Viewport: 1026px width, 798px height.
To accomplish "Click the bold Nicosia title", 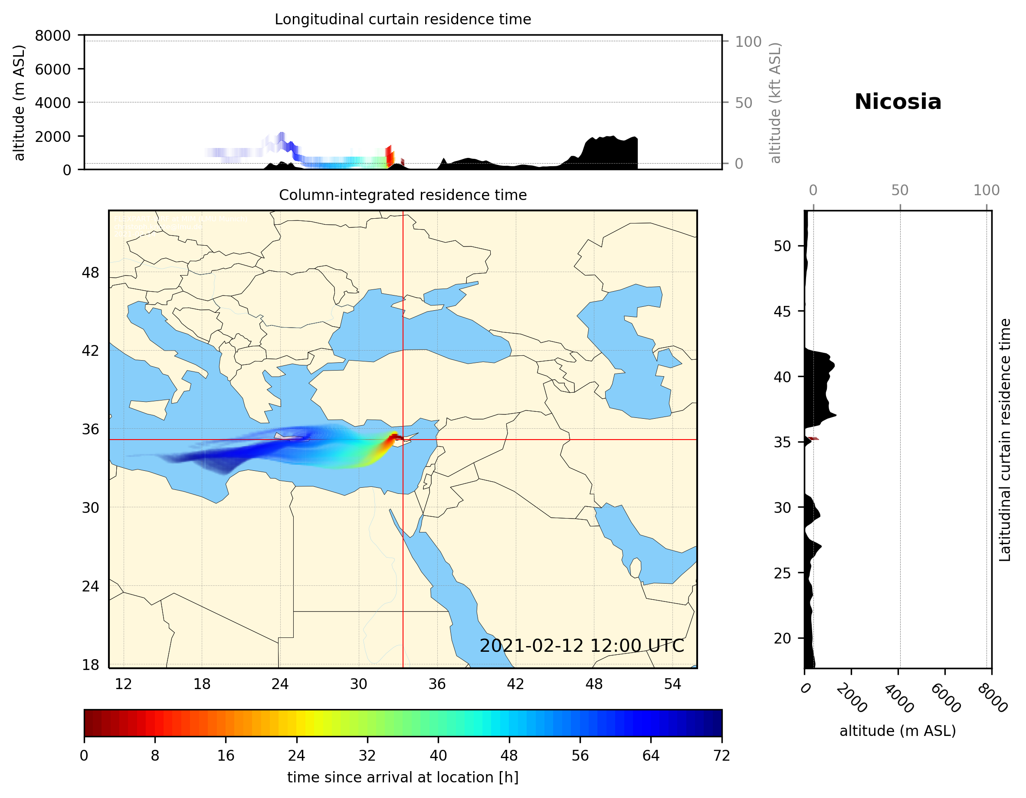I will click(x=898, y=102).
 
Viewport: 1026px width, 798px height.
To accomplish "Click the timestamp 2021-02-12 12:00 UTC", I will click(x=582, y=646).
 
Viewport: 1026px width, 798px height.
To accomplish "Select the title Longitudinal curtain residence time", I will click(x=403, y=19).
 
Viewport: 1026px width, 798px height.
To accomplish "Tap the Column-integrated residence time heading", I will click(x=403, y=195).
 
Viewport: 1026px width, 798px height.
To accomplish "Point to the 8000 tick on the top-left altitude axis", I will click(x=52, y=36).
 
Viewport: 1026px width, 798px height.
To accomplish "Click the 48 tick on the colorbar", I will click(x=509, y=756).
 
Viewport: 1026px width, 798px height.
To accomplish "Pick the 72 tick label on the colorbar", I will click(x=721, y=756).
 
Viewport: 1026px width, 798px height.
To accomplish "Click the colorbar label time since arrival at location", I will click(x=403, y=778).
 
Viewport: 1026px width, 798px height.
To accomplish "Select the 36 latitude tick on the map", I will click(x=90, y=429).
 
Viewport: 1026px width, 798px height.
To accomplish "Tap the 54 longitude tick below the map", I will click(x=672, y=684).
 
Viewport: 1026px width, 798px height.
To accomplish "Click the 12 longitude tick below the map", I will click(x=124, y=684).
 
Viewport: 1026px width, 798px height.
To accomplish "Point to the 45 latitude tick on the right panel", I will click(x=782, y=311).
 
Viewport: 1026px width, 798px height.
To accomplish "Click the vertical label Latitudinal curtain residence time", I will click(x=1004, y=440).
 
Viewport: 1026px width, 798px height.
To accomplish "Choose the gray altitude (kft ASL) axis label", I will click(x=775, y=103).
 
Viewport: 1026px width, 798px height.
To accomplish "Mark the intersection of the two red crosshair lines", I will click(x=403, y=440).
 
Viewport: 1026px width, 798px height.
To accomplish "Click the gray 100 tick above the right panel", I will click(x=986, y=190).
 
